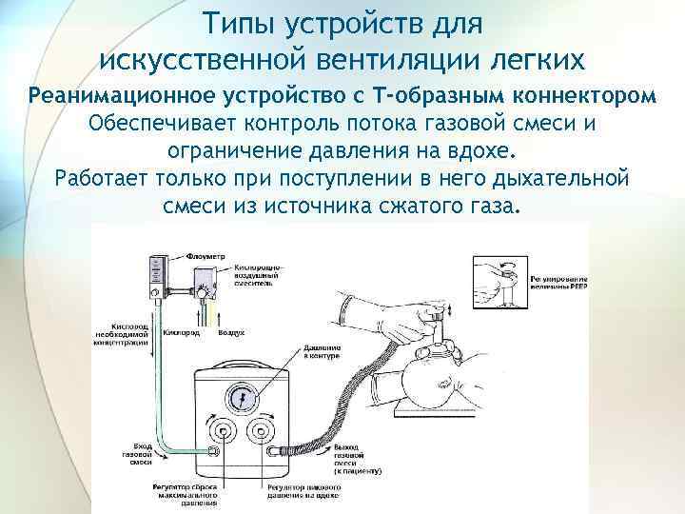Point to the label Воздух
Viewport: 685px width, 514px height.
tap(231, 335)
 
